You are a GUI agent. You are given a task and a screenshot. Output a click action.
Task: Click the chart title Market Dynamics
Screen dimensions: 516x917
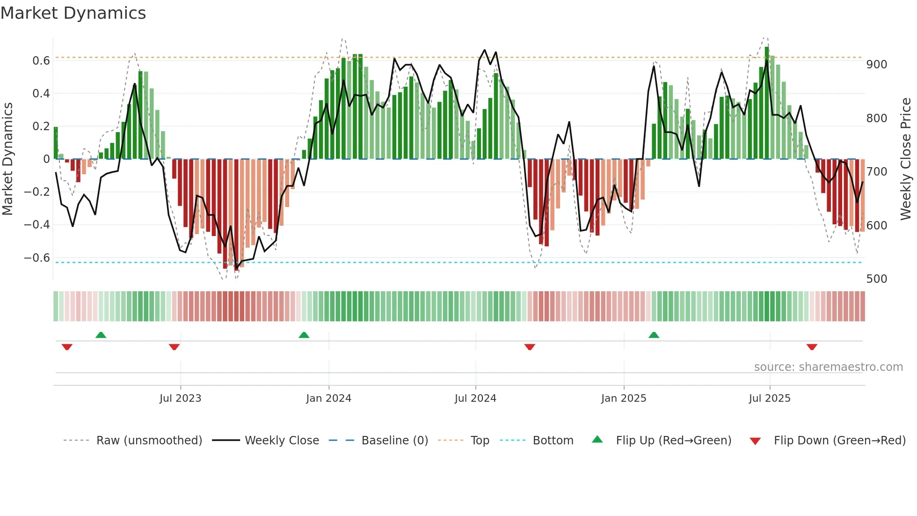click(73, 13)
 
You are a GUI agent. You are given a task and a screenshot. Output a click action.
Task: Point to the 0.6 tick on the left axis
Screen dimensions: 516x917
click(41, 61)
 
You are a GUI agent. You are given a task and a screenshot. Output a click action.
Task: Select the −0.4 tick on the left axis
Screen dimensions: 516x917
click(37, 225)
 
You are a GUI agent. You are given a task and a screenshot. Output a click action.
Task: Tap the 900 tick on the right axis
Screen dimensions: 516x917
click(876, 65)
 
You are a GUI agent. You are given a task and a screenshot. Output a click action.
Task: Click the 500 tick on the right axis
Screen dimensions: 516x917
click(876, 279)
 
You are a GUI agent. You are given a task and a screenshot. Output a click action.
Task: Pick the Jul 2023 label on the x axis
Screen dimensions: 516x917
click(180, 398)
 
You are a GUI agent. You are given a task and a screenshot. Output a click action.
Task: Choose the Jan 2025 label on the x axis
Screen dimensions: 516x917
click(623, 398)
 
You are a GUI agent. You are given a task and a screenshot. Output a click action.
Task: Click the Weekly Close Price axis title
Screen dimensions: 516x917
click(906, 159)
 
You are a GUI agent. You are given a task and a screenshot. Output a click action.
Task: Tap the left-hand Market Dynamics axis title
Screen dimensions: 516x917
click(8, 159)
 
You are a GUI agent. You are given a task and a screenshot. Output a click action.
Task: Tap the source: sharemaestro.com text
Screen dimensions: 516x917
click(828, 367)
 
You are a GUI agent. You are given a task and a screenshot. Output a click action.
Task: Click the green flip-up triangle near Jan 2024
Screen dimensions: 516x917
click(304, 335)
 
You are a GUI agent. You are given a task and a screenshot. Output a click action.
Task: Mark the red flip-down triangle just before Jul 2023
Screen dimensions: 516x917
click(174, 347)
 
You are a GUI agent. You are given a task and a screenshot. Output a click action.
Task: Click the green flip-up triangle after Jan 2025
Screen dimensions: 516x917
click(654, 335)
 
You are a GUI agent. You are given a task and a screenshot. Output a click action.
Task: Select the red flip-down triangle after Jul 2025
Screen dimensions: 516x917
click(812, 347)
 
